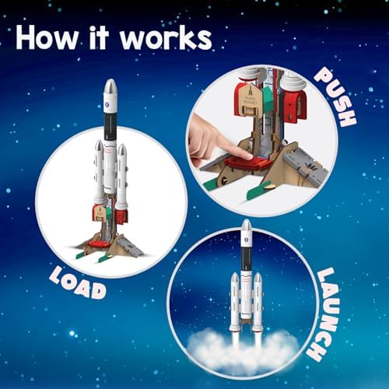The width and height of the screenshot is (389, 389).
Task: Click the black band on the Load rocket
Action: click(x=110, y=128)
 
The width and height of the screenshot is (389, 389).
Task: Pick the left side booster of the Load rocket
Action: click(x=99, y=175)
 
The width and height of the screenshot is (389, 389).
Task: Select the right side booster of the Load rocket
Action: click(x=122, y=175)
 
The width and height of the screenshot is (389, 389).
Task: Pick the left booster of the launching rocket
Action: click(x=233, y=300)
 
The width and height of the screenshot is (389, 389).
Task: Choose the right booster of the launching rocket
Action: click(x=258, y=300)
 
